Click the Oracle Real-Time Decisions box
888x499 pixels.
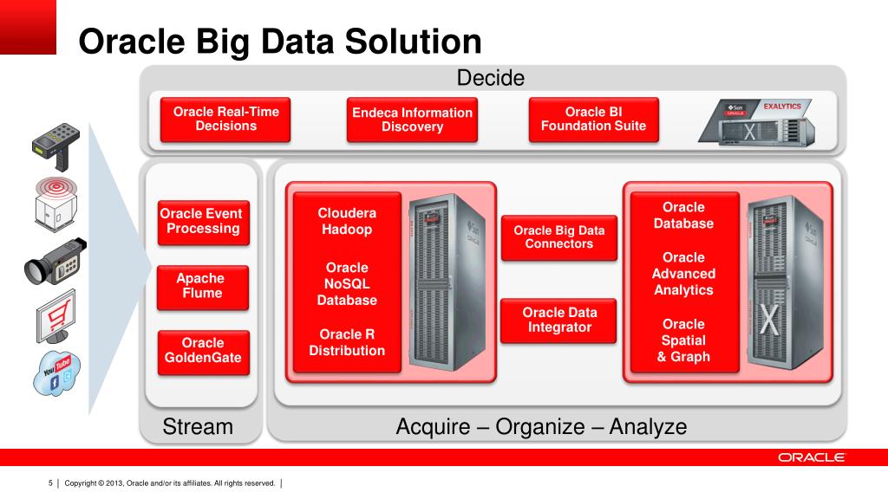click(226, 120)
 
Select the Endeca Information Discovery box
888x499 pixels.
click(412, 120)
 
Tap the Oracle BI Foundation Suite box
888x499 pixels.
click(593, 120)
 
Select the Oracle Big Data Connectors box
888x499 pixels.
click(559, 237)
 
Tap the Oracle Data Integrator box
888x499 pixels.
click(559, 321)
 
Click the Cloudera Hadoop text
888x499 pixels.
click(347, 221)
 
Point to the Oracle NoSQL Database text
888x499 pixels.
click(347, 284)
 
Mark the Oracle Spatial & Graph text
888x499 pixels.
click(683, 340)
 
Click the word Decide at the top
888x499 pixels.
click(491, 78)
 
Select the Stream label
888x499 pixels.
click(198, 426)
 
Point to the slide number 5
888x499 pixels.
click(50, 483)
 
